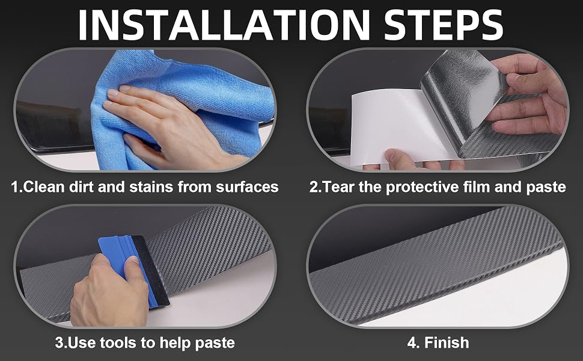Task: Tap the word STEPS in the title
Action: (x=444, y=25)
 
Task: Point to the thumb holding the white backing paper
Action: (x=400, y=158)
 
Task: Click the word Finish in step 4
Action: (x=447, y=342)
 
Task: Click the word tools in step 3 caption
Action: (x=117, y=342)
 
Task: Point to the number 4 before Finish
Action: (x=412, y=343)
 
